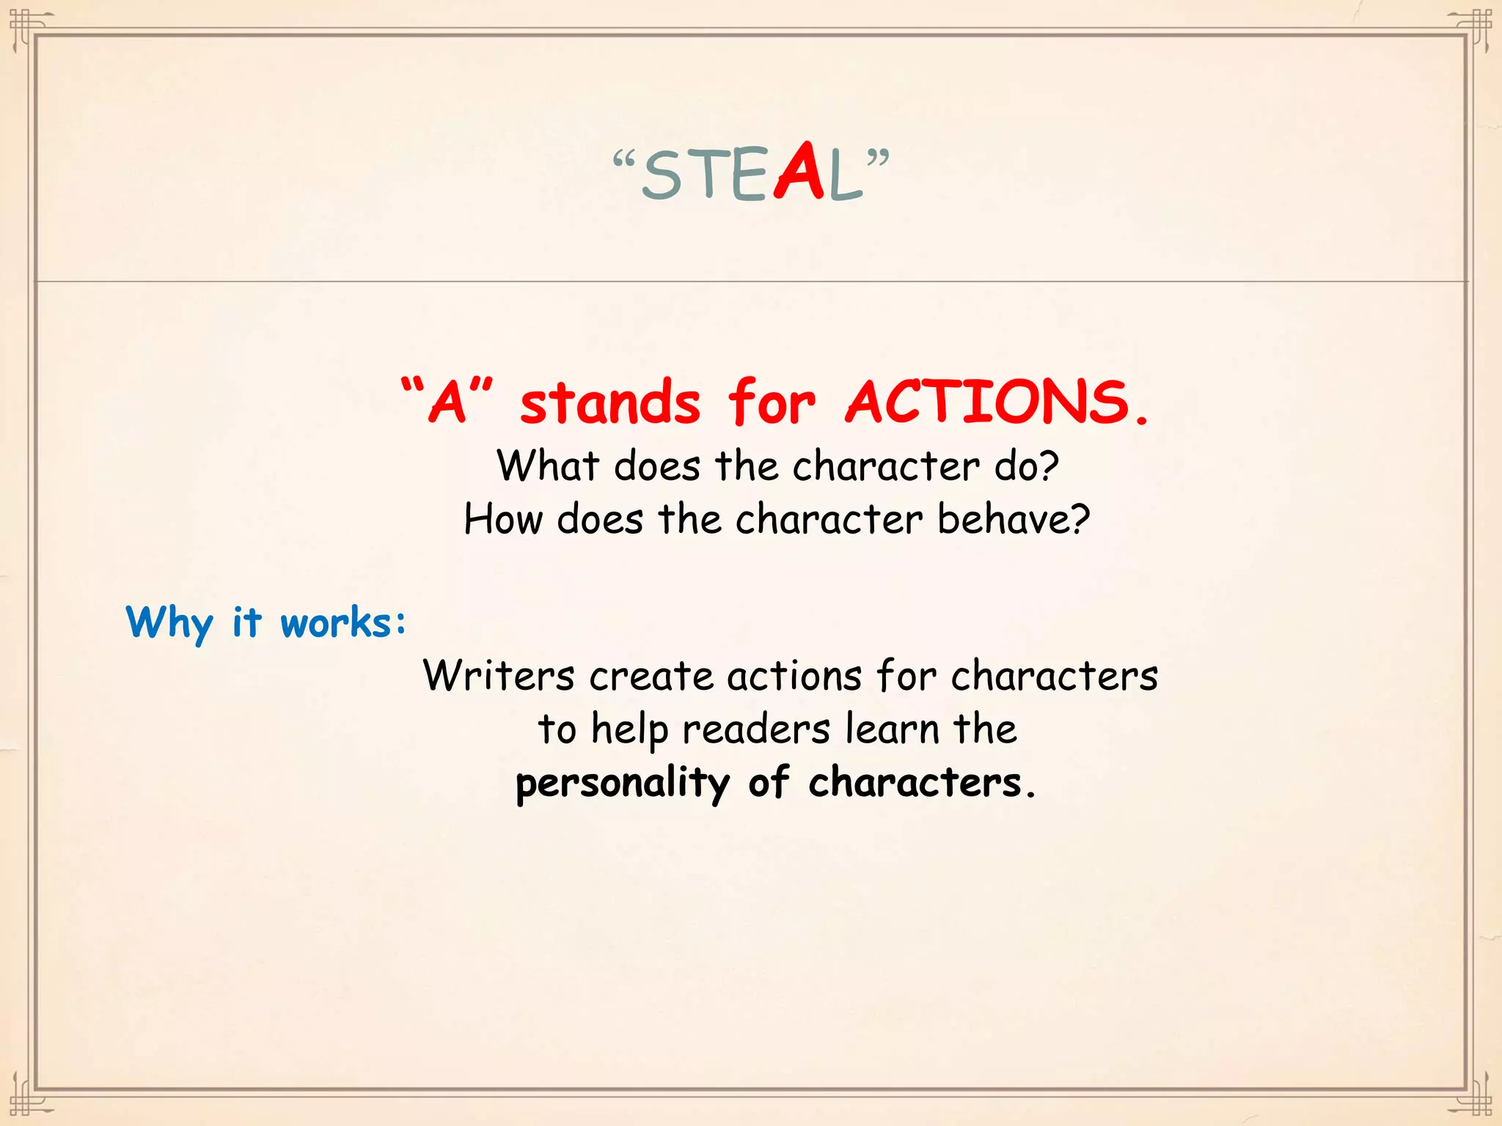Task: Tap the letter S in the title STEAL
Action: (x=663, y=176)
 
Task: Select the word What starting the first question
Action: (x=548, y=466)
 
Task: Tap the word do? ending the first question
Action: (x=1027, y=466)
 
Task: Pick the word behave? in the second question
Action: (x=1014, y=519)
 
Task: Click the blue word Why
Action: (x=169, y=623)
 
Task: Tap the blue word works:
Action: (x=343, y=623)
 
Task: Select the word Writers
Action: (x=499, y=675)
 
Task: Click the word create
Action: (x=651, y=675)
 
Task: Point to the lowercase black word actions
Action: (x=794, y=675)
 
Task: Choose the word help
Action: (x=630, y=730)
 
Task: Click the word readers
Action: (x=756, y=730)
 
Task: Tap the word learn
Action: (x=893, y=729)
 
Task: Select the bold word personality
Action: (x=623, y=784)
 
